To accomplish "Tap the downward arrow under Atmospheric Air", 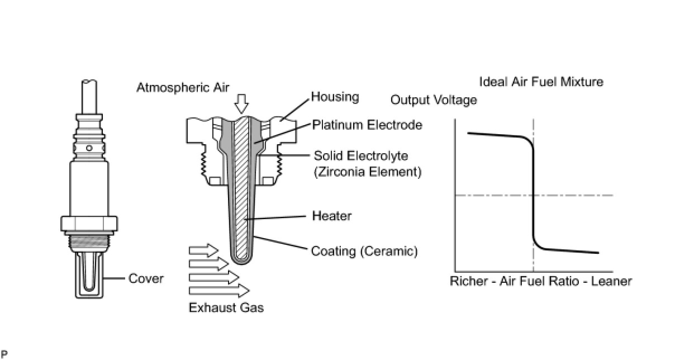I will pyautogui.click(x=241, y=104).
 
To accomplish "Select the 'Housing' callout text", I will pyautogui.click(x=335, y=97).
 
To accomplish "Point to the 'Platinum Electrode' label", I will pyautogui.click(x=367, y=125).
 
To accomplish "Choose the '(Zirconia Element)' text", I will pyautogui.click(x=367, y=172).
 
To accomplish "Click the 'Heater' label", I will pyautogui.click(x=331, y=215).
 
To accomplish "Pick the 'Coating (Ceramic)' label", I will pyautogui.click(x=364, y=251).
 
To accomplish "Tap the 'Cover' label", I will pyautogui.click(x=146, y=278).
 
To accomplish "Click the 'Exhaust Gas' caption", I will pyautogui.click(x=226, y=307).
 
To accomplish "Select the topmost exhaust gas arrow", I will pyautogui.click(x=203, y=250).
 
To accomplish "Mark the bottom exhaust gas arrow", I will pyautogui.click(x=218, y=290).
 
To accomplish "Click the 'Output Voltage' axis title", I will pyautogui.click(x=434, y=100).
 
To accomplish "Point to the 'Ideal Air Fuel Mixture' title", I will pyautogui.click(x=541, y=82).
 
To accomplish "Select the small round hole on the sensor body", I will pyautogui.click(x=89, y=148).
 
